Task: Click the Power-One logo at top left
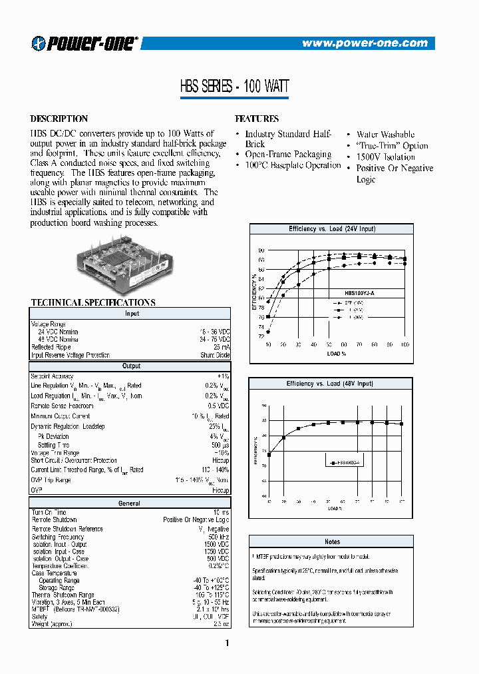tap(83, 44)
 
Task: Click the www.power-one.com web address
tap(365, 43)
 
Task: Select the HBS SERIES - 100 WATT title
tap(234, 86)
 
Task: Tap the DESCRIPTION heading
tap(59, 119)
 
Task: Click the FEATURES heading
tap(257, 119)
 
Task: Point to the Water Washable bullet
tap(385, 135)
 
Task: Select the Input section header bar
tap(130, 313)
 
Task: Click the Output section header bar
tap(130, 366)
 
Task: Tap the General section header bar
tap(130, 504)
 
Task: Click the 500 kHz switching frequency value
tap(217, 537)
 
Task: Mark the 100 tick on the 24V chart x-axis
tap(404, 345)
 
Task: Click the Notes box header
tap(332, 541)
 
